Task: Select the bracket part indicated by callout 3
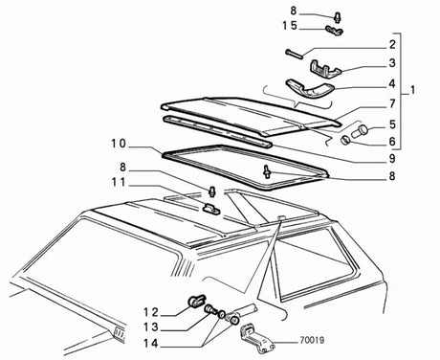pos(326,68)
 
